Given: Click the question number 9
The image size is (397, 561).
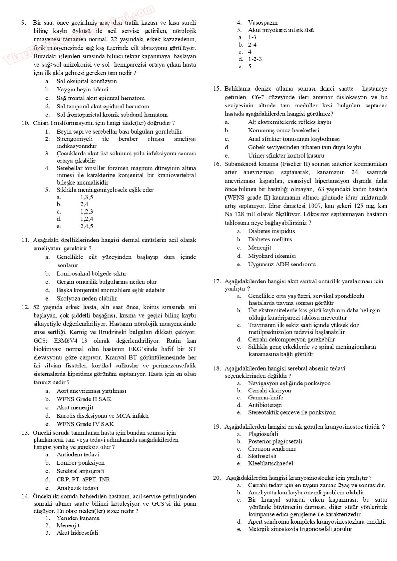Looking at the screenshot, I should (23, 23).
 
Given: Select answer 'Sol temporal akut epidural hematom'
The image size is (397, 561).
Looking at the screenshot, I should (102, 107).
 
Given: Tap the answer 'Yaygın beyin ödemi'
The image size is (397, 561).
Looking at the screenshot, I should (82, 90).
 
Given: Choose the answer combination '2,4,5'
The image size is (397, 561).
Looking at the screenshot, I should (86, 226).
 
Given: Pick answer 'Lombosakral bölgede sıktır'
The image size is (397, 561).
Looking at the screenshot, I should (91, 273).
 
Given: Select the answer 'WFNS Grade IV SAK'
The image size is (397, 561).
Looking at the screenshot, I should (85, 424).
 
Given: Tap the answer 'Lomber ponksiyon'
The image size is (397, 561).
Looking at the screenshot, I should (80, 463).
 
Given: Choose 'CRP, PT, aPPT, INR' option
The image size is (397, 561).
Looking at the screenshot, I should (83, 479).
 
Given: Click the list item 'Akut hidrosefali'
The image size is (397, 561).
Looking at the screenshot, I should (77, 533).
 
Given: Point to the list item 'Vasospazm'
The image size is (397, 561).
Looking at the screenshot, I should (263, 23).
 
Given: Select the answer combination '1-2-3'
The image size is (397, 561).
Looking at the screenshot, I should (255, 59).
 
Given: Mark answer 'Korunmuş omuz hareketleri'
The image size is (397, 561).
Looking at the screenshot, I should (283, 130).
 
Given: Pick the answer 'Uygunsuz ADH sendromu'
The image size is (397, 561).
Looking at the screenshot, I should (282, 265).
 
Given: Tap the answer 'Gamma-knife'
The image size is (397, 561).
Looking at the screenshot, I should (265, 398).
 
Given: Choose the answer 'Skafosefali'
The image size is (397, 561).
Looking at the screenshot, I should (262, 456).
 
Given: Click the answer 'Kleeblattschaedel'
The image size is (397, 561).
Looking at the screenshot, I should (270, 463).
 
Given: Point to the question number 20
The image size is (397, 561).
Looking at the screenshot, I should (217, 478).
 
